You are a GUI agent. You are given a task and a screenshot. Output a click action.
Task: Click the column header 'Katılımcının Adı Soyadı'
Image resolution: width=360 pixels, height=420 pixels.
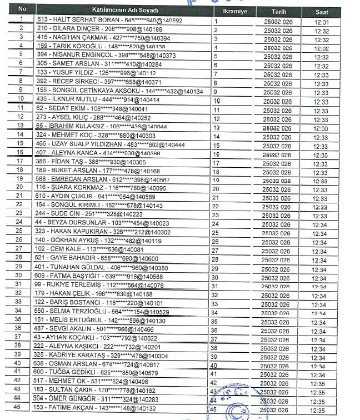point(124,11)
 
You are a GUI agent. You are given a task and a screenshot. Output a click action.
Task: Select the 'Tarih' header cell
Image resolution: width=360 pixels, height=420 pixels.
point(278,11)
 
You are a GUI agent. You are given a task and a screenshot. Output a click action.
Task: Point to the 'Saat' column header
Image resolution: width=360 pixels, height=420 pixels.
point(322,11)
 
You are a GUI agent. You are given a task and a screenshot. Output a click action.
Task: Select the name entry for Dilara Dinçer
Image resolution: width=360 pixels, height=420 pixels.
point(100,29)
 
